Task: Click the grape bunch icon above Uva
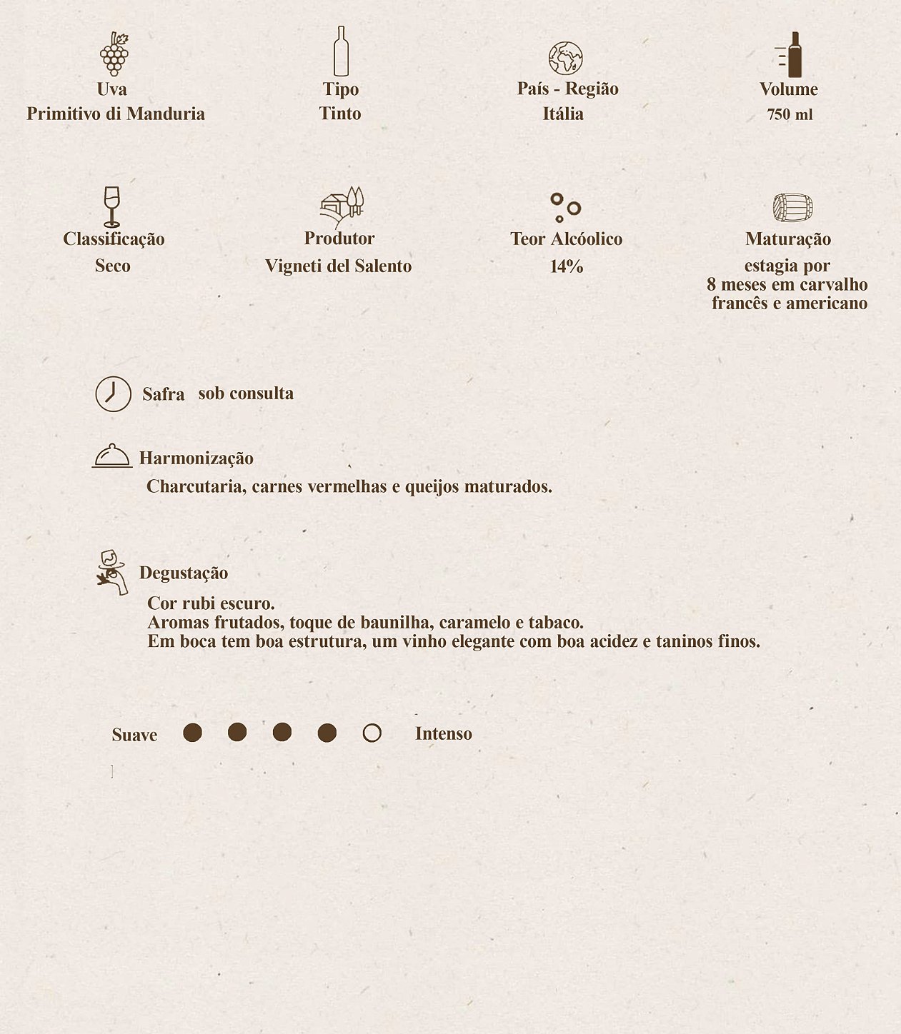(x=114, y=54)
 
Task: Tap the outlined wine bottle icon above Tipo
(x=341, y=51)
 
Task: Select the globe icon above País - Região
(x=565, y=59)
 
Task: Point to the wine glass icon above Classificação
(x=111, y=207)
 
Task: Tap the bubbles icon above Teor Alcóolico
(x=565, y=208)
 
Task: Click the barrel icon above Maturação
(x=792, y=208)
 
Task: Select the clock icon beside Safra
(x=114, y=394)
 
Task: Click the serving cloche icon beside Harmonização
(x=112, y=456)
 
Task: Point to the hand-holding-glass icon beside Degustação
(x=112, y=573)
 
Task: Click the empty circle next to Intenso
(x=372, y=733)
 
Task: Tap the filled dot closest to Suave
(x=192, y=733)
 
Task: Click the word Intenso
(x=443, y=733)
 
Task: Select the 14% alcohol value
(x=567, y=266)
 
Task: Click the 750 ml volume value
(x=790, y=115)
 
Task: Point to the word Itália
(x=563, y=114)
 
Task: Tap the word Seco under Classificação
(x=113, y=266)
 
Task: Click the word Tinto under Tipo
(x=340, y=114)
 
